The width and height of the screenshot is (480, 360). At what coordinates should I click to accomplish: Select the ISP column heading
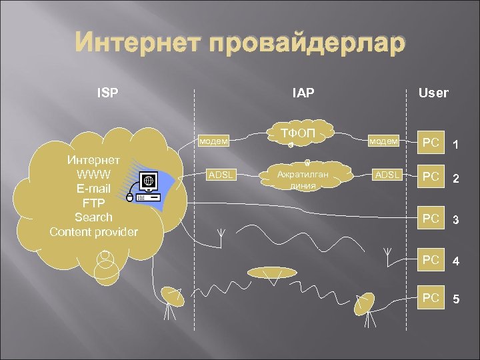[107, 93]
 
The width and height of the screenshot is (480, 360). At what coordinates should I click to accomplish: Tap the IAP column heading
[303, 93]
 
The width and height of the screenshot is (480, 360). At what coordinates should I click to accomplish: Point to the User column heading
[433, 93]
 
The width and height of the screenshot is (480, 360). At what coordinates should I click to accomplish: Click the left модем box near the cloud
[215, 141]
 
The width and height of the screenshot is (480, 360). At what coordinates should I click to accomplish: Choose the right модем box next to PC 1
[385, 141]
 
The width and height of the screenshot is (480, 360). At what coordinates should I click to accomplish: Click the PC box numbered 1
[431, 143]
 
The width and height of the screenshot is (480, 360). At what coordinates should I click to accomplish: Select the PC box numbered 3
[431, 219]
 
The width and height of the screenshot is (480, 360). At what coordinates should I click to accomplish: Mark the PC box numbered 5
[431, 298]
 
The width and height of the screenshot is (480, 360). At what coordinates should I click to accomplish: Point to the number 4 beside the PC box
[457, 262]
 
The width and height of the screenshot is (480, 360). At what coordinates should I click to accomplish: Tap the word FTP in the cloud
[93, 203]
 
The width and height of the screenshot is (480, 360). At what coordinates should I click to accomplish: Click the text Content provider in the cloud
[93, 232]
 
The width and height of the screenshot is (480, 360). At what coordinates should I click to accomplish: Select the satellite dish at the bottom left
[172, 297]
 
